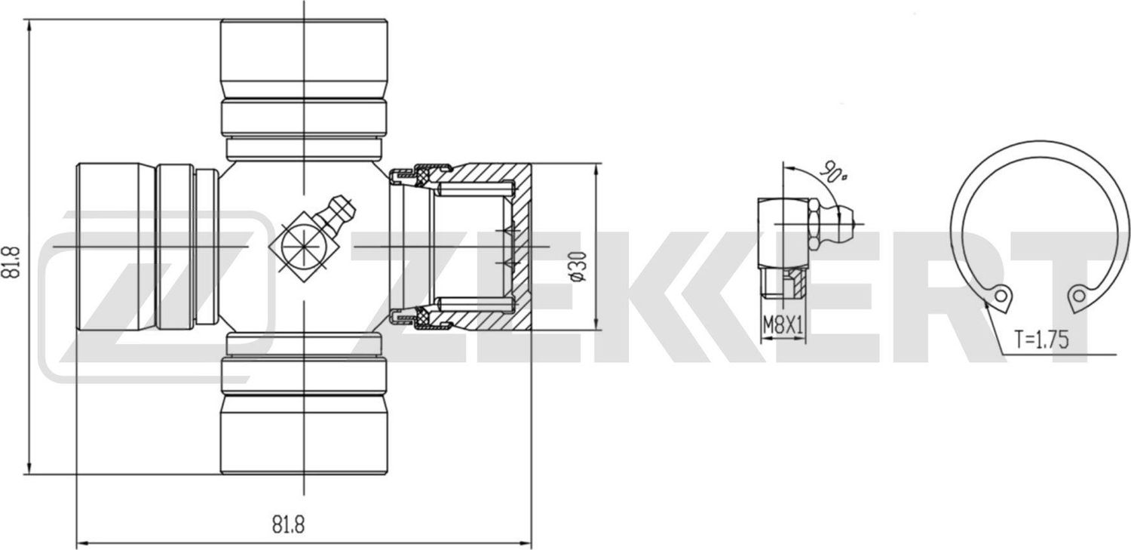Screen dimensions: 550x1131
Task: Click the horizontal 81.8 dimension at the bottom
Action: point(283,524)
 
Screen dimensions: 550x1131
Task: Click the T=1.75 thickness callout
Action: point(1041,340)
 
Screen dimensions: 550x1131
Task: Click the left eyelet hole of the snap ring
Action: point(1001,295)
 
